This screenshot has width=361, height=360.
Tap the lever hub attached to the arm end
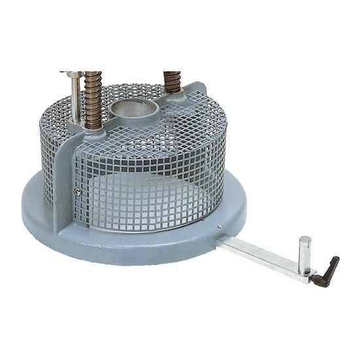click(311, 276)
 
